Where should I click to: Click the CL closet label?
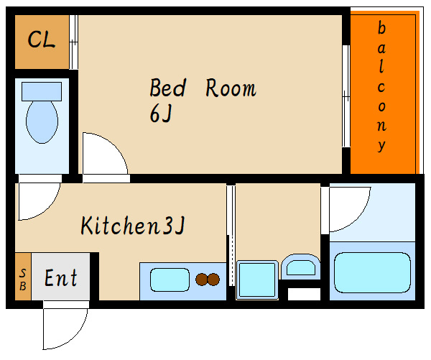coord(42,40)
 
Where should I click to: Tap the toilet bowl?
coord(42,122)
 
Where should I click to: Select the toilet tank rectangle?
coord(42,91)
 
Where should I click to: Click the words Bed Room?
coord(203,88)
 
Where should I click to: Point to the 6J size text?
coord(161,114)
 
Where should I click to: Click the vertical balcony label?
coord(381,86)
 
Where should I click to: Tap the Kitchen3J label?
coord(133,225)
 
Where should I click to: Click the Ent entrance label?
coord(61,278)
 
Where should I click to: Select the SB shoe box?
coord(23,277)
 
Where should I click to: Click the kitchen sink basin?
coord(170,280)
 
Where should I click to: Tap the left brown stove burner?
coord(202,280)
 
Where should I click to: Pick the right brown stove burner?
coord(213,280)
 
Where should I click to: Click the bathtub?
coord(372,272)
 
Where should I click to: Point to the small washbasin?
coord(301,267)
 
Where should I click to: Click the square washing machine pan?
coord(257,280)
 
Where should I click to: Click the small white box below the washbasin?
coord(305,294)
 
